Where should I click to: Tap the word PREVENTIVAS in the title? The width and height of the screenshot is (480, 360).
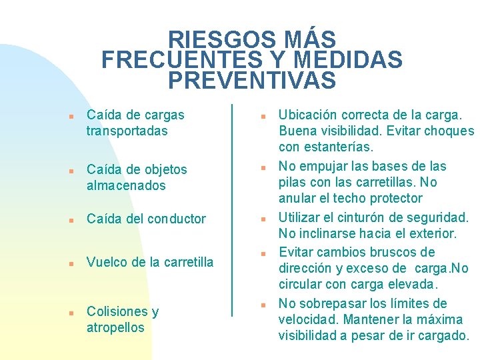tap(252, 81)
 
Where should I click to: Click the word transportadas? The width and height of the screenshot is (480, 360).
tap(127, 131)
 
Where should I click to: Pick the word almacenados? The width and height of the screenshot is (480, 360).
tap(126, 185)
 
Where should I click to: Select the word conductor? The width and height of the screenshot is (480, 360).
tap(177, 219)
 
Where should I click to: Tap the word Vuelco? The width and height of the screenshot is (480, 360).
tap(107, 262)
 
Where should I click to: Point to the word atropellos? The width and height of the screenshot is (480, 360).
tap(115, 327)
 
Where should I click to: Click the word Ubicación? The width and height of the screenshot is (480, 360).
tap(308, 115)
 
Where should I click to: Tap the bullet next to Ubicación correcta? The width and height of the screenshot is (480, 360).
tap(263, 116)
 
